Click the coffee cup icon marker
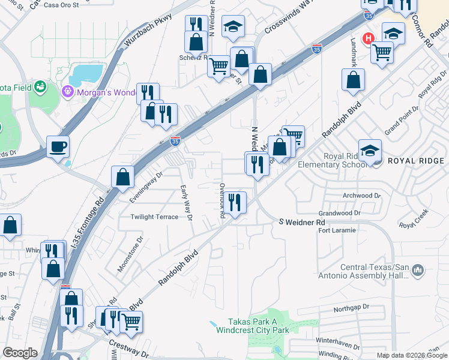point(58,147)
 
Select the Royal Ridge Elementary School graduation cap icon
point(370,150)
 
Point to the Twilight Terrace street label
point(154,217)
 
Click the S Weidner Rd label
point(303,223)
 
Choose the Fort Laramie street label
point(337,230)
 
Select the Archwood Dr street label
point(361,196)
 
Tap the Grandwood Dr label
point(339,212)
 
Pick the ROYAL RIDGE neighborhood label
point(415,161)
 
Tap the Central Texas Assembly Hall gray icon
point(418,271)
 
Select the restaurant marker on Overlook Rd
point(235,202)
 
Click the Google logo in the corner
point(20,353)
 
